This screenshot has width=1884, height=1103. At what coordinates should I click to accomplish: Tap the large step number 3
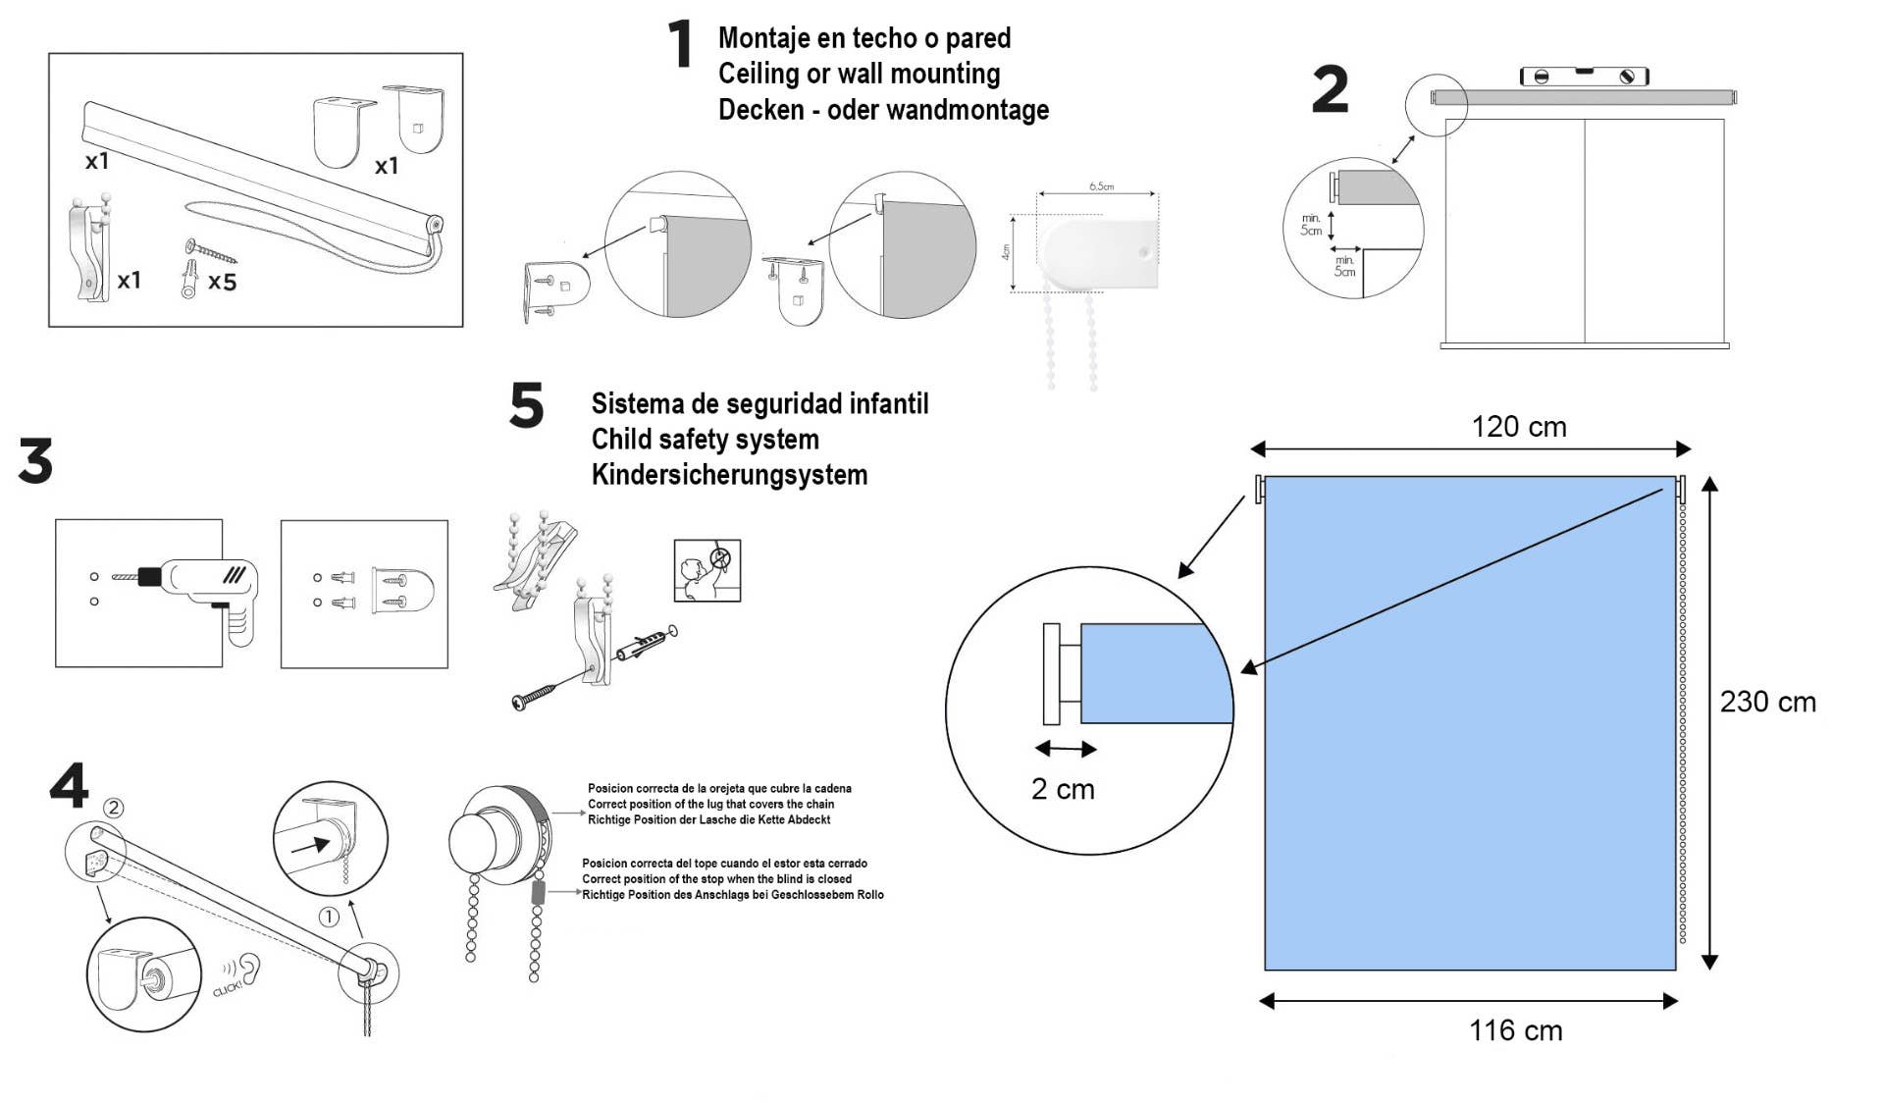(x=35, y=461)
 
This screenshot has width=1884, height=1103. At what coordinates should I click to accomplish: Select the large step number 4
(x=69, y=786)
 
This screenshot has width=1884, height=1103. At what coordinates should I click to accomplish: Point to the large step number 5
(x=526, y=405)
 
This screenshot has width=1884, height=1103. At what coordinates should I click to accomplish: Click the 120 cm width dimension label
(x=1518, y=427)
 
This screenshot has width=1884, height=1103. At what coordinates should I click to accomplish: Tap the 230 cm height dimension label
(x=1767, y=702)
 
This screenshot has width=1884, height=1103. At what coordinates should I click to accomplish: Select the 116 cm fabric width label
(x=1515, y=1030)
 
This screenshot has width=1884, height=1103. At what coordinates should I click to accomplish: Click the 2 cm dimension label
(x=1063, y=789)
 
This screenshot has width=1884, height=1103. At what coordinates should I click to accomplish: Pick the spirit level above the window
(x=1584, y=76)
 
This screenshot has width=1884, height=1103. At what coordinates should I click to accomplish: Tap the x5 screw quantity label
(x=222, y=283)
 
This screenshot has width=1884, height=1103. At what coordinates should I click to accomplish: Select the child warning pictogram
(x=706, y=570)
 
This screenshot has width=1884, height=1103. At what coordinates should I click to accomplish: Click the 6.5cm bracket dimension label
(x=1101, y=186)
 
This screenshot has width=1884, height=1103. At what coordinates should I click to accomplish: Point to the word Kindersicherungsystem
(x=729, y=475)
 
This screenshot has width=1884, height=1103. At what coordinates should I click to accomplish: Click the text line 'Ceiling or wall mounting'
(x=859, y=74)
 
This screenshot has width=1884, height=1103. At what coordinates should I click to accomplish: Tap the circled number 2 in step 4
(x=114, y=808)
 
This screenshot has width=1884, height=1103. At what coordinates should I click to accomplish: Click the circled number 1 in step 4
(x=329, y=917)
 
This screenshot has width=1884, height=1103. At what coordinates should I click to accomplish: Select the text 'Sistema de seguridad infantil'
(x=759, y=403)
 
